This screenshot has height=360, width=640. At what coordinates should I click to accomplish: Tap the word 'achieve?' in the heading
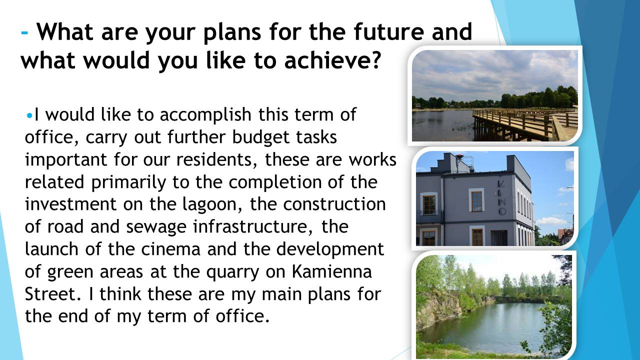click(333, 60)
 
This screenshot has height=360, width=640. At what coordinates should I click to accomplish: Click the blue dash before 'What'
click(24, 32)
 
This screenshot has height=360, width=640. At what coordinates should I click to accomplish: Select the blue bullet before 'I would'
click(29, 116)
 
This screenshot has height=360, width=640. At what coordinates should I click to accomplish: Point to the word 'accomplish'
click(205, 115)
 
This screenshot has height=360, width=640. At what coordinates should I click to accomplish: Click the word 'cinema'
click(171, 249)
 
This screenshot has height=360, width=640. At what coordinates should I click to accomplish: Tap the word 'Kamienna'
click(331, 271)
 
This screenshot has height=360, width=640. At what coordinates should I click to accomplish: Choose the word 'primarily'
click(128, 182)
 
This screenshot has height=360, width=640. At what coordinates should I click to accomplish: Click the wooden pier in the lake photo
click(524, 124)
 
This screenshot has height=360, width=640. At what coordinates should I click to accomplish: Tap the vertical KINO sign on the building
click(501, 197)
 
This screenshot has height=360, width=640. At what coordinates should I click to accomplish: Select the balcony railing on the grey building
click(429, 216)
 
